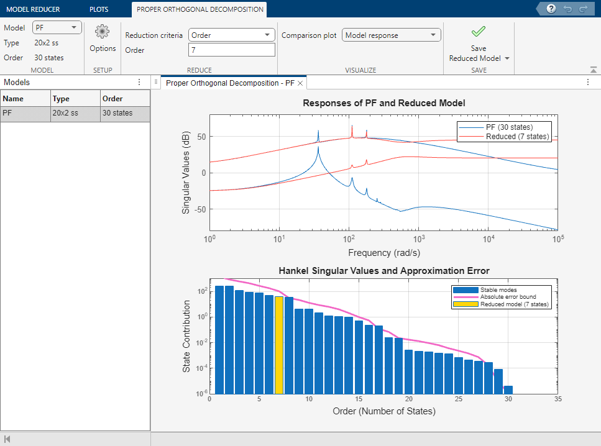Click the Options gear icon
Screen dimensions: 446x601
(103, 32)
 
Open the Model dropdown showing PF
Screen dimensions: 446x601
(57, 27)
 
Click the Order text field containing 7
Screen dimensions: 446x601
(231, 50)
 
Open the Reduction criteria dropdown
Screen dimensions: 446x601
(231, 35)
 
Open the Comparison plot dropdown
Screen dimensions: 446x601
(392, 35)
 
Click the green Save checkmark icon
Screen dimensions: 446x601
(479, 32)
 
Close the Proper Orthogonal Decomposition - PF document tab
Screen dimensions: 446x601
(300, 83)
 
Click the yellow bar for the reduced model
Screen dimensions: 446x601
(279, 345)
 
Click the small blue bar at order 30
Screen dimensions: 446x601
(508, 389)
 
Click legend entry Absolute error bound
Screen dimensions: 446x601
(507, 297)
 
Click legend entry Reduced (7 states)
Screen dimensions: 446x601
(517, 137)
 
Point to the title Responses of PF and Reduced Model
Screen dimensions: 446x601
(383, 103)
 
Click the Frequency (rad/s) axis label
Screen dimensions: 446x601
(383, 253)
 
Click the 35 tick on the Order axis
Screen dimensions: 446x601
(557, 399)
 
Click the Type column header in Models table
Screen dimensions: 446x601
(61, 98)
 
